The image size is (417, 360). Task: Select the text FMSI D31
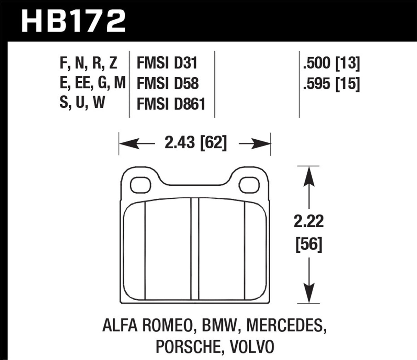point(167,63)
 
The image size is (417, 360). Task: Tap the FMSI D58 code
point(168,84)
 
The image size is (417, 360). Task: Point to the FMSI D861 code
point(171,104)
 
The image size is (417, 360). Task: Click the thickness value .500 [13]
point(331,63)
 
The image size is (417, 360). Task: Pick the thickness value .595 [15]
point(331,84)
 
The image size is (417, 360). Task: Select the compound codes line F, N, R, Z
point(89,63)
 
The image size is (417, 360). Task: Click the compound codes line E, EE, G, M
point(92,84)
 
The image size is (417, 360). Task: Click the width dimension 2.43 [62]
point(195,142)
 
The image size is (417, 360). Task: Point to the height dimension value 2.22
point(309,221)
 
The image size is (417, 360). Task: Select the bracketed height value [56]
point(309,245)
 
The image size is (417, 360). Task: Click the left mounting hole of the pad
point(141,185)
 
